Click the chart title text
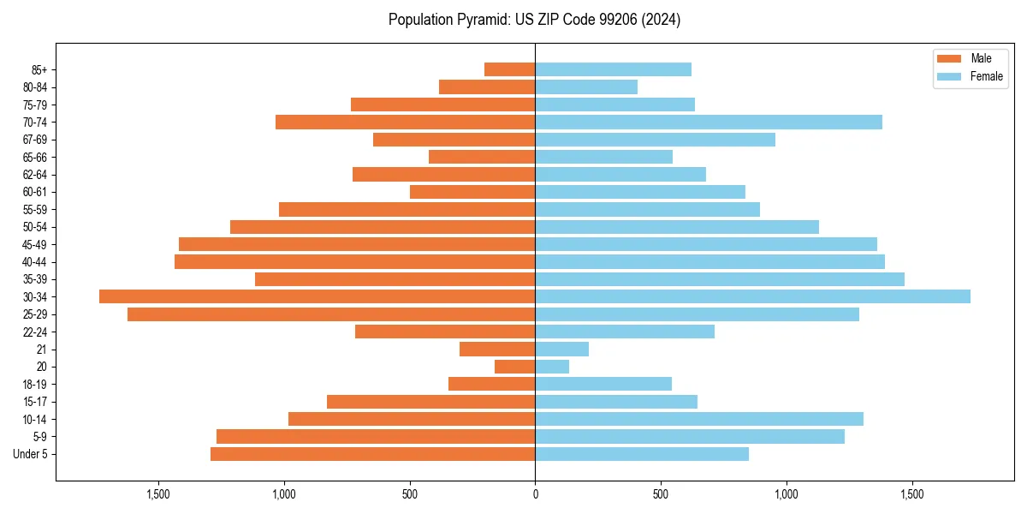pyautogui.click(x=534, y=20)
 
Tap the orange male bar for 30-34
pyautogui.click(x=317, y=296)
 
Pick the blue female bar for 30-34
pyautogui.click(x=752, y=296)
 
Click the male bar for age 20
pyautogui.click(x=514, y=367)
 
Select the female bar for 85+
pyautogui.click(x=613, y=69)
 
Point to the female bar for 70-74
pyautogui.click(x=708, y=122)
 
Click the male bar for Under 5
pyautogui.click(x=372, y=454)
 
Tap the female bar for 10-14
pyautogui.click(x=698, y=419)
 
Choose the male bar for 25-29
pyautogui.click(x=331, y=314)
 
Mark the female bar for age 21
pyautogui.click(x=561, y=350)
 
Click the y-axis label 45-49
pyautogui.click(x=35, y=244)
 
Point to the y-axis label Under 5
pyautogui.click(x=31, y=454)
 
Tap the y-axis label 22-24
pyautogui.click(x=35, y=332)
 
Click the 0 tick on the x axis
pyautogui.click(x=535, y=494)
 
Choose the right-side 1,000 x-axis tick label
pyautogui.click(x=786, y=494)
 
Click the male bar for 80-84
pyautogui.click(x=487, y=87)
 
